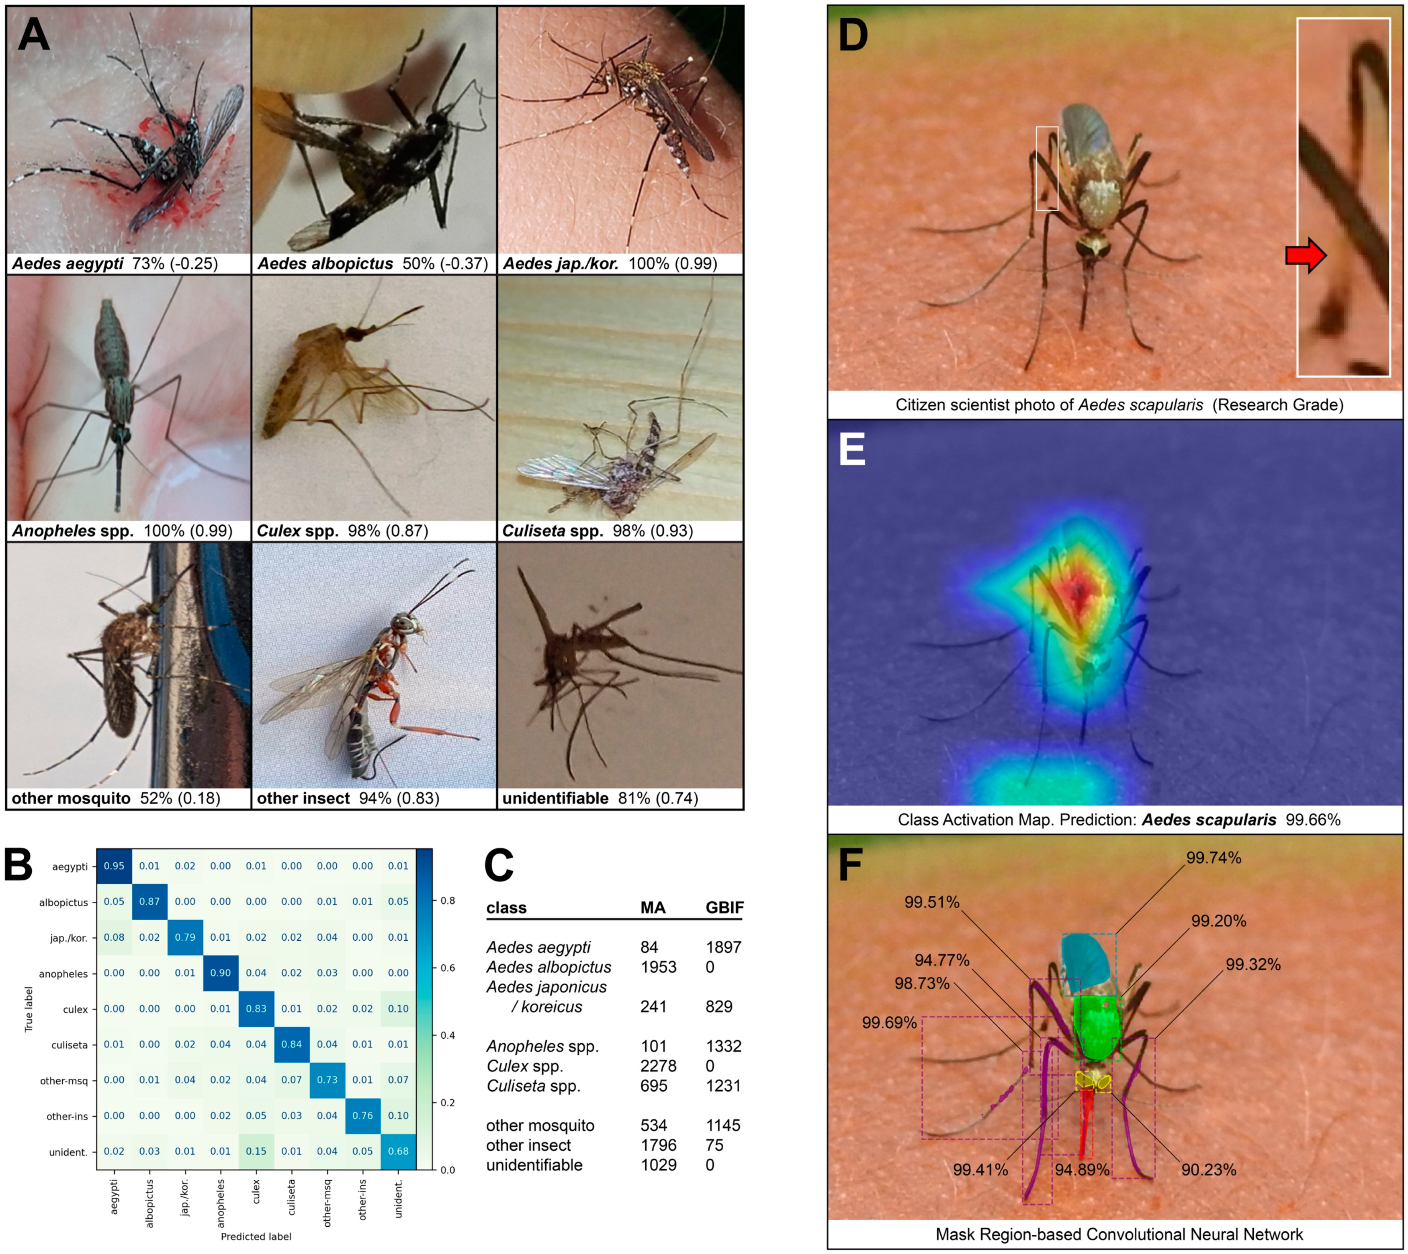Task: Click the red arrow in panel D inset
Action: pos(1305,255)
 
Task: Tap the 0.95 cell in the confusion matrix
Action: pos(115,866)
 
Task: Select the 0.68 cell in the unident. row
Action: pos(398,1151)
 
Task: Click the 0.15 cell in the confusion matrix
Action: pos(256,1151)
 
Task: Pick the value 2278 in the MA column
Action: pos(658,1066)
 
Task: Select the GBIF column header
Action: pos(724,907)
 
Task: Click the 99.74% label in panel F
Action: pos(1214,858)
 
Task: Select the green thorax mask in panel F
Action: pos(1097,1027)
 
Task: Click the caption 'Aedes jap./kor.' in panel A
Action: pos(560,264)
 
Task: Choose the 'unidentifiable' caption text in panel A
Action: pos(555,799)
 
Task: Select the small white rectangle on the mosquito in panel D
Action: pos(1047,168)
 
